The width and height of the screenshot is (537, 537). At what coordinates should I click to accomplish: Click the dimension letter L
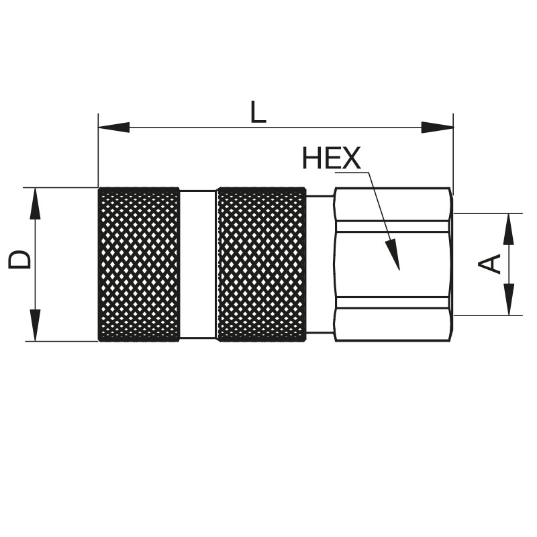tap(258, 111)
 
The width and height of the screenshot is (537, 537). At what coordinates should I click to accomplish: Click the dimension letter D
tap(19, 259)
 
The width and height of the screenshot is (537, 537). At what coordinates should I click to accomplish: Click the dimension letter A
tap(489, 264)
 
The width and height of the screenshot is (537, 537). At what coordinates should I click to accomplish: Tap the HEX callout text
tap(331, 158)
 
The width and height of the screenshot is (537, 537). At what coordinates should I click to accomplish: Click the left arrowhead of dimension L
tap(114, 128)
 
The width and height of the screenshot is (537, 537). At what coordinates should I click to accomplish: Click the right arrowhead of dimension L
tap(438, 128)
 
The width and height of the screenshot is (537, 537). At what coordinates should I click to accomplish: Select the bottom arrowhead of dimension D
tap(36, 326)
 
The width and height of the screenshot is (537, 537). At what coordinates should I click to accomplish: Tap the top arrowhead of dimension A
tap(509, 229)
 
